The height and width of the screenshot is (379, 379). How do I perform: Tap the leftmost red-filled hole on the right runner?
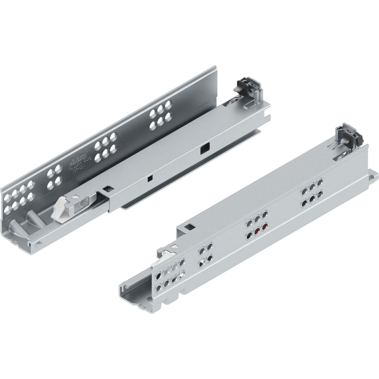[257, 231]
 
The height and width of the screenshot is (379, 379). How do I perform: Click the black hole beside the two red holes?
[249, 235]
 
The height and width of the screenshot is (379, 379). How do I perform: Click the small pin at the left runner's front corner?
[38, 244]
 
